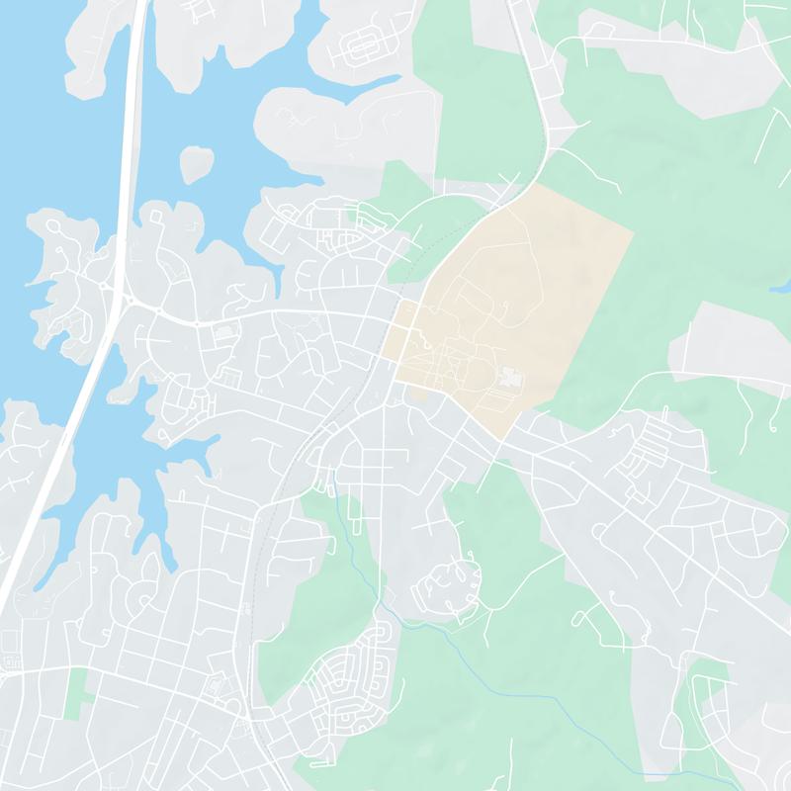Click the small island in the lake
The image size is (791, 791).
(x=196, y=163)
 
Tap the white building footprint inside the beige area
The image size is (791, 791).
(x=510, y=379)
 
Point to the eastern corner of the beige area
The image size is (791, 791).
(x=632, y=233)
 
